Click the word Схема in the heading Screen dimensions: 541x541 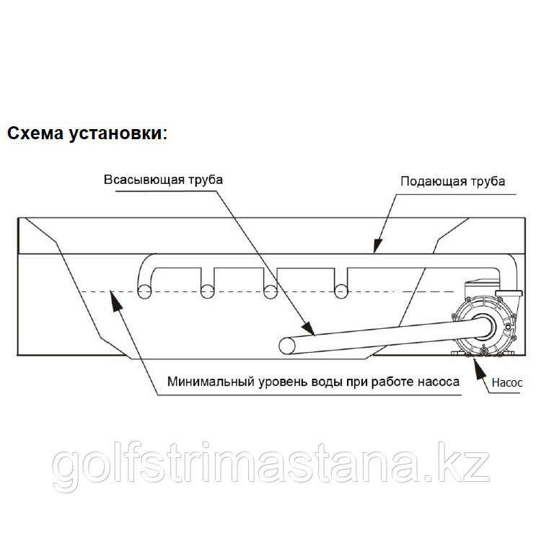click(35, 133)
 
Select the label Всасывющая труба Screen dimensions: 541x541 click(163, 180)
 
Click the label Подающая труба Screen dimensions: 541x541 click(453, 182)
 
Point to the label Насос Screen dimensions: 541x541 click(507, 382)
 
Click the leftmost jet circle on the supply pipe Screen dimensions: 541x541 click(144, 291)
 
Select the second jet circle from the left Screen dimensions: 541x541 click(207, 291)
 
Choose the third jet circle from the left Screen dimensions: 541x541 click(270, 291)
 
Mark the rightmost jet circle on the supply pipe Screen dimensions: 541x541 click(341, 291)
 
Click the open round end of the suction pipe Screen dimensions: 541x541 click(287, 346)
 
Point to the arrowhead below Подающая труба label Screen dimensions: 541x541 click(377, 246)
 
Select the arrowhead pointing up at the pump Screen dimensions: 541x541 click(478, 369)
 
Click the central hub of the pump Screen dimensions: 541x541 click(484, 326)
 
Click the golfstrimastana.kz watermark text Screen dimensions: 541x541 click(270, 466)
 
